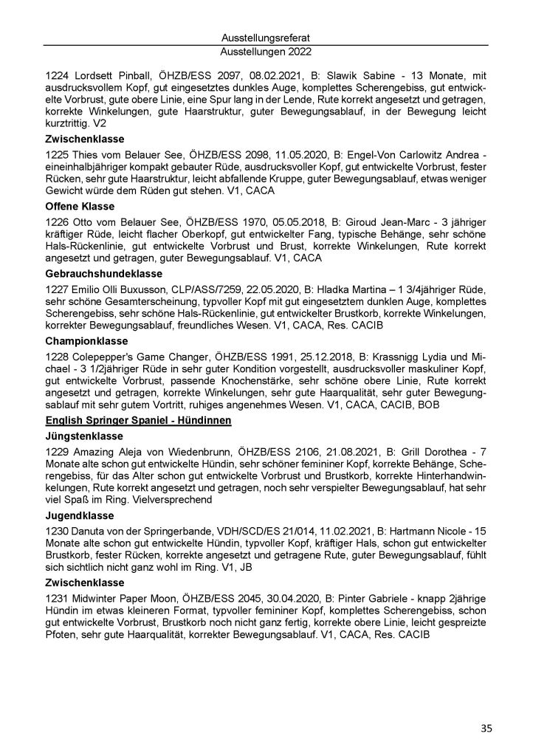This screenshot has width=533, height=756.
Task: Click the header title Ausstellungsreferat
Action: [266, 37]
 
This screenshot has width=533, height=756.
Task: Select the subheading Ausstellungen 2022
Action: [266, 52]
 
